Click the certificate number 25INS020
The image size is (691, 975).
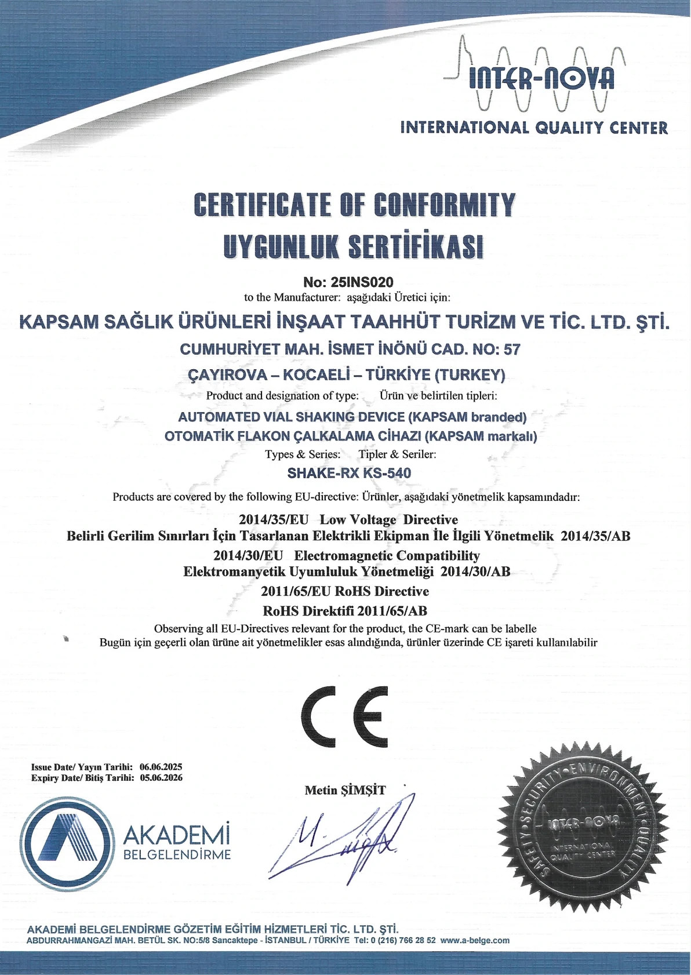(361, 282)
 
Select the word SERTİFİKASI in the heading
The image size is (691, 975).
(415, 246)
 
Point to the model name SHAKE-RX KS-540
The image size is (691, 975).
(349, 473)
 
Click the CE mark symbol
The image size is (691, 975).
(345, 716)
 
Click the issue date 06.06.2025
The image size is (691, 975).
(161, 767)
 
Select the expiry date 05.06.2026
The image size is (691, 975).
(161, 778)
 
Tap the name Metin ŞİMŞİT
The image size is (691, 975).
(345, 790)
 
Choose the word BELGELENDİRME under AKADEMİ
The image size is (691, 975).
(177, 855)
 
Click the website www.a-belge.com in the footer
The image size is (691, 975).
(475, 941)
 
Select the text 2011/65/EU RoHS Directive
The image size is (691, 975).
(345, 591)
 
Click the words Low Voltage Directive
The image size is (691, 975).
(388, 519)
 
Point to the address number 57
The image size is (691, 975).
(512, 349)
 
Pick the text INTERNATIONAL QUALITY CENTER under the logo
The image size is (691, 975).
(534, 128)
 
